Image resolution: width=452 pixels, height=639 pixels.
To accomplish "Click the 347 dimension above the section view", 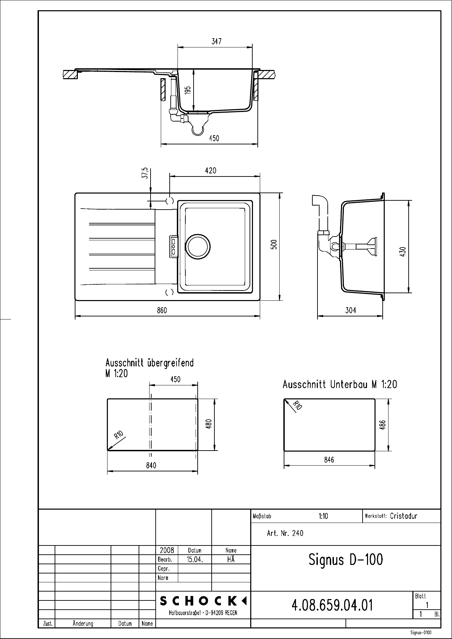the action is (216, 41).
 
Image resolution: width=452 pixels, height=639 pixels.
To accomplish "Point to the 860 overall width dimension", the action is (162, 310).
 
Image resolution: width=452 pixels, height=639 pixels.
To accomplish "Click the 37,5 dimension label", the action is (145, 173).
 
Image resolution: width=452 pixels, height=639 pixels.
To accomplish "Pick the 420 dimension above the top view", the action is (211, 170).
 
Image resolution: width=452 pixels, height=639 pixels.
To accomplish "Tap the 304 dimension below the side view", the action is (351, 310).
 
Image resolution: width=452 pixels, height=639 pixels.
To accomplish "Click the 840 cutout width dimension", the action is (151, 466).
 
